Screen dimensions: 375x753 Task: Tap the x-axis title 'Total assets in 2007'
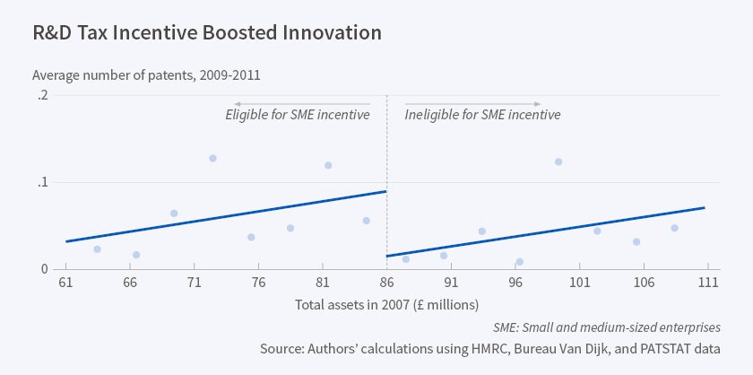(x=387, y=304)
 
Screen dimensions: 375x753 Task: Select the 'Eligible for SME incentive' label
(x=298, y=115)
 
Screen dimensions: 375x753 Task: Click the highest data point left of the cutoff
(x=212, y=158)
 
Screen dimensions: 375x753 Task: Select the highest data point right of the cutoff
(x=558, y=161)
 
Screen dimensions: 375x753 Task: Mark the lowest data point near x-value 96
(x=519, y=262)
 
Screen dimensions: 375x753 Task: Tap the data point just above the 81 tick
(x=328, y=165)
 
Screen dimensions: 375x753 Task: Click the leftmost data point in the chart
(x=97, y=249)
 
